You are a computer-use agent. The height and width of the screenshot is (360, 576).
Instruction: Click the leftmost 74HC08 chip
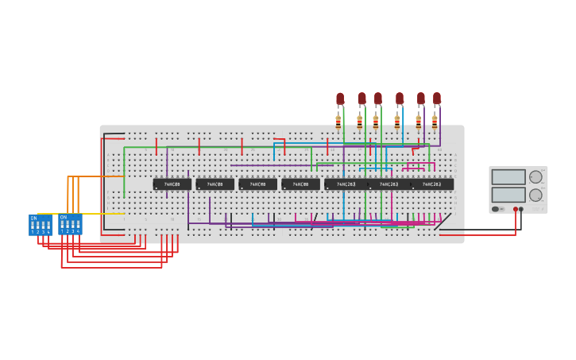pyautogui.click(x=172, y=184)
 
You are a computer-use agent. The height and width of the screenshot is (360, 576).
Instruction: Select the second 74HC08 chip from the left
pyautogui.click(x=215, y=184)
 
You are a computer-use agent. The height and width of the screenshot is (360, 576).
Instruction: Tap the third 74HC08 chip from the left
pyautogui.click(x=257, y=184)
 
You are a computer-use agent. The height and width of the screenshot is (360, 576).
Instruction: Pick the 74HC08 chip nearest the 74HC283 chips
pyautogui.click(x=300, y=184)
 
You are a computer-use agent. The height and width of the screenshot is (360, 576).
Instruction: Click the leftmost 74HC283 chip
pyautogui.click(x=346, y=184)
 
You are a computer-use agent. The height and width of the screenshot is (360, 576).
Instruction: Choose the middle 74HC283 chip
pyautogui.click(x=389, y=184)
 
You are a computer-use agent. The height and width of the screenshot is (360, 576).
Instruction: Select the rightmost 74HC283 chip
pyautogui.click(x=431, y=184)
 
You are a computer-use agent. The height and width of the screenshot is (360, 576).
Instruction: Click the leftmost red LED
pyautogui.click(x=340, y=99)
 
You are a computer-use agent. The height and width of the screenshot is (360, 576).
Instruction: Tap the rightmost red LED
pyautogui.click(x=436, y=99)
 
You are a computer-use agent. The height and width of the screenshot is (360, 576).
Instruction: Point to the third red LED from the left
pyautogui.click(x=378, y=99)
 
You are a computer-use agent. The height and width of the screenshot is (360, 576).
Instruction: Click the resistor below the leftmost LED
pyautogui.click(x=338, y=122)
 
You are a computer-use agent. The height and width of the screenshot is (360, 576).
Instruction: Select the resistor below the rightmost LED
pyautogui.click(x=435, y=122)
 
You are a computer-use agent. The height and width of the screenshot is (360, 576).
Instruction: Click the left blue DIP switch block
pyautogui.click(x=41, y=225)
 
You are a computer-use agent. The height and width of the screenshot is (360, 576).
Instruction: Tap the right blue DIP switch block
pyautogui.click(x=70, y=225)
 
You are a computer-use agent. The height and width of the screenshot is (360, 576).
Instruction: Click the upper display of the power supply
pyautogui.click(x=508, y=177)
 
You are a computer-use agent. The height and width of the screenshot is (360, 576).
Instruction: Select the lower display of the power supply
pyautogui.click(x=508, y=195)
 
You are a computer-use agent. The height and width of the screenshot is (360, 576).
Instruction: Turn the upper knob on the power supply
pyautogui.click(x=535, y=177)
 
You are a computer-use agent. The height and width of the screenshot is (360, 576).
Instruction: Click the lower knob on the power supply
pyautogui.click(x=535, y=195)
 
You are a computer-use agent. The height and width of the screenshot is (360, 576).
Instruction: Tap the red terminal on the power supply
pyautogui.click(x=515, y=209)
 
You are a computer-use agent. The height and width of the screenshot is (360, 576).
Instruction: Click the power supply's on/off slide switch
pyautogui.click(x=497, y=209)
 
